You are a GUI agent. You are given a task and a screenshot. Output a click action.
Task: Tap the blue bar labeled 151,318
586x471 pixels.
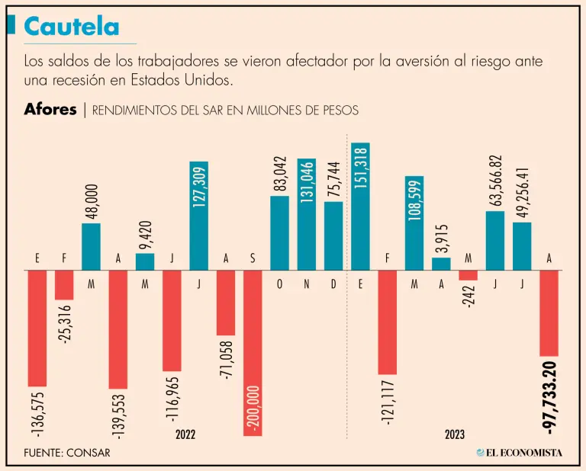pos(360,206)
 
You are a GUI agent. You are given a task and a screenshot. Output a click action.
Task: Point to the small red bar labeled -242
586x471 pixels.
pos(468,275)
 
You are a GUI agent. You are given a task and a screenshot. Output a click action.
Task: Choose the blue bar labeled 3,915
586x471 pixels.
pos(441,264)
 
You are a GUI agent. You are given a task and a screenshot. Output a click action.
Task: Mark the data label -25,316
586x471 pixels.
pos(66,325)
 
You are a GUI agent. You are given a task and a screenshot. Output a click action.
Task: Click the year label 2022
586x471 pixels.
pos(185,434)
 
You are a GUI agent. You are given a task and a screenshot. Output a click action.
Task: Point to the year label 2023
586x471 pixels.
pos(455,434)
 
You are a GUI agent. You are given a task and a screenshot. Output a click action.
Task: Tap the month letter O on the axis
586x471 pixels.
pos(279,283)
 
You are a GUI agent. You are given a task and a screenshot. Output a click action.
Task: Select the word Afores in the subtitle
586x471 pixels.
pos(50,110)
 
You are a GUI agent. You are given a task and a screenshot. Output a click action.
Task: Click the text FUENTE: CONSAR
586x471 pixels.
pos(67,453)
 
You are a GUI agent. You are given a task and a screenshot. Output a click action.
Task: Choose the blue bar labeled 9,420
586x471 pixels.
pos(145,261)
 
